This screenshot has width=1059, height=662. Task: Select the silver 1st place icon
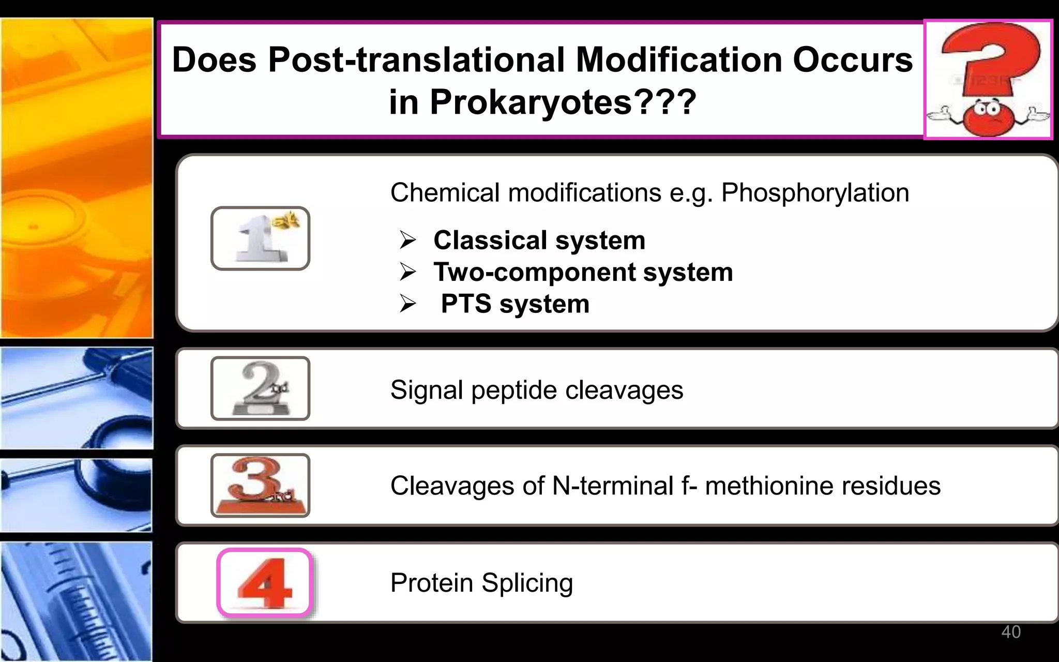[x=260, y=238]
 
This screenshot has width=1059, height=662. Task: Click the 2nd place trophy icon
[x=260, y=388]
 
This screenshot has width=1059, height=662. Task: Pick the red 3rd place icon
[x=260, y=485]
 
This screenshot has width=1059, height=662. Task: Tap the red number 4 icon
[x=265, y=583]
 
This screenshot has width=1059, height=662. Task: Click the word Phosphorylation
[x=815, y=193]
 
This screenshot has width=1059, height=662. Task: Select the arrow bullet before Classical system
[x=407, y=240]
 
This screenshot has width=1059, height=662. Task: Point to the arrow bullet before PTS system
[x=407, y=304]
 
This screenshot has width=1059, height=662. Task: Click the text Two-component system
[x=583, y=272]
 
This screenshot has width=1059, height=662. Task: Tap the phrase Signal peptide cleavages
[x=536, y=389]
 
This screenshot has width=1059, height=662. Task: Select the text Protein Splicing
[x=481, y=583]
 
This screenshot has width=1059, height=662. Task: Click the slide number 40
[x=1010, y=631]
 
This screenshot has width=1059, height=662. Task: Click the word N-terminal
[x=613, y=486]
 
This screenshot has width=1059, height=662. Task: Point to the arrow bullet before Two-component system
[x=407, y=272]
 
